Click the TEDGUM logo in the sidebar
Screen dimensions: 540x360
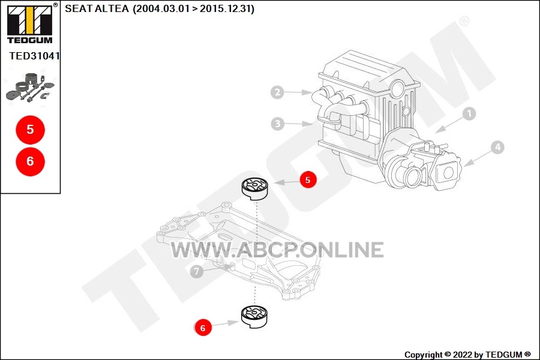30,23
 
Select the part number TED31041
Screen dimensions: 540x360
34,56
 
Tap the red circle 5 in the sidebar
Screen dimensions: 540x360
31,130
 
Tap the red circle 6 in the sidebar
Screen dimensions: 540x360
31,161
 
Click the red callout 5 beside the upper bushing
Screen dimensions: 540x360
308,179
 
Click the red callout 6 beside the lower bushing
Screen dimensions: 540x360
203,328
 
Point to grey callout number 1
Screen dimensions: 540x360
469,113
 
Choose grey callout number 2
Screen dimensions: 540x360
277,92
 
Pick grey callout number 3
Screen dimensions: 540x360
278,124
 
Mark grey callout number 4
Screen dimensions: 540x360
497,148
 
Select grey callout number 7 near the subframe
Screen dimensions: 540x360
197,271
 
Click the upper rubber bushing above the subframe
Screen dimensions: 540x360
255,189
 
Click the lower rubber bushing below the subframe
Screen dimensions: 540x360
255,317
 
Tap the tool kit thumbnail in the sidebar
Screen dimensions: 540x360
31,88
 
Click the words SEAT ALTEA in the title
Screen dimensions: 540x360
97,8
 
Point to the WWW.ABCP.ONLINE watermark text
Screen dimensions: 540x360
277,250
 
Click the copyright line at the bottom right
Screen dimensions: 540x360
467,355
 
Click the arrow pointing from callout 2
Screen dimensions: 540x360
298,92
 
